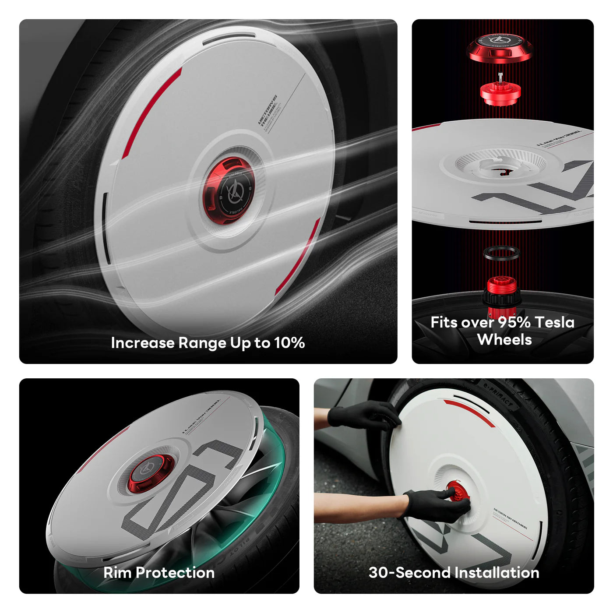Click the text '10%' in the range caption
[289, 342]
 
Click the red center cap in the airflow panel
[229, 191]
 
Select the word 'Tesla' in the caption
[555, 322]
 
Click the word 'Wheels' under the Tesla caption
[504, 340]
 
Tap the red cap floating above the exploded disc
[500, 48]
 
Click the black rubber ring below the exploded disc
[501, 253]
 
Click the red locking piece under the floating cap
[500, 93]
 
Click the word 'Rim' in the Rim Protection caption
[117, 573]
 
